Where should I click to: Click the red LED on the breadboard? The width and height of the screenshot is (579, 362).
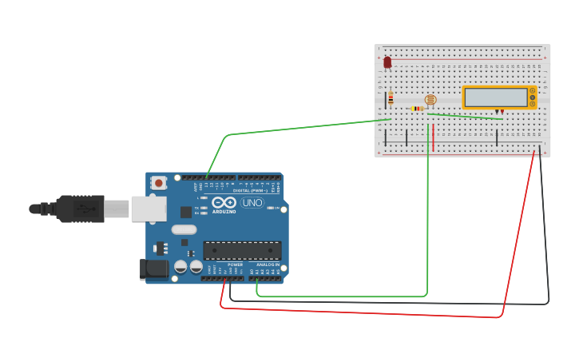click(387, 62)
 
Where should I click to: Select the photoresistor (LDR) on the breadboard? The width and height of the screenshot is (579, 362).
click(430, 100)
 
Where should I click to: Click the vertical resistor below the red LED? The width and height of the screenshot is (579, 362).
click(391, 99)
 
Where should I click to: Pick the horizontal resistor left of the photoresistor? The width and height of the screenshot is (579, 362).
click(417, 108)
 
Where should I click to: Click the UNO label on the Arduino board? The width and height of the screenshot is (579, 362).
click(252, 202)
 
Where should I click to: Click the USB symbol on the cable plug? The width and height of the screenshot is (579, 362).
click(83, 209)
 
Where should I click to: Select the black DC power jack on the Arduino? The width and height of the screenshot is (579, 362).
click(155, 269)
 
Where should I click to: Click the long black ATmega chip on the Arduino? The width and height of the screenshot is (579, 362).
click(242, 250)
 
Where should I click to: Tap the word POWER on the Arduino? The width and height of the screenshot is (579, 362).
click(235, 265)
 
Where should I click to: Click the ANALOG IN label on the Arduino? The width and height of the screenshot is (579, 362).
click(268, 265)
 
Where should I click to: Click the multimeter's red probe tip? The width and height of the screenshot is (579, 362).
click(502, 113)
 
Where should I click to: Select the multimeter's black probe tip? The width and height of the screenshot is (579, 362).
click(497, 113)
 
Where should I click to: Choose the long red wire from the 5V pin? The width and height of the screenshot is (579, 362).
click(359, 312)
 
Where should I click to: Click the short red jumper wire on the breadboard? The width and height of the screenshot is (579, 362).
click(434, 137)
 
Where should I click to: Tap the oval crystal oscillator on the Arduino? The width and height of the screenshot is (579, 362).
click(184, 230)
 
